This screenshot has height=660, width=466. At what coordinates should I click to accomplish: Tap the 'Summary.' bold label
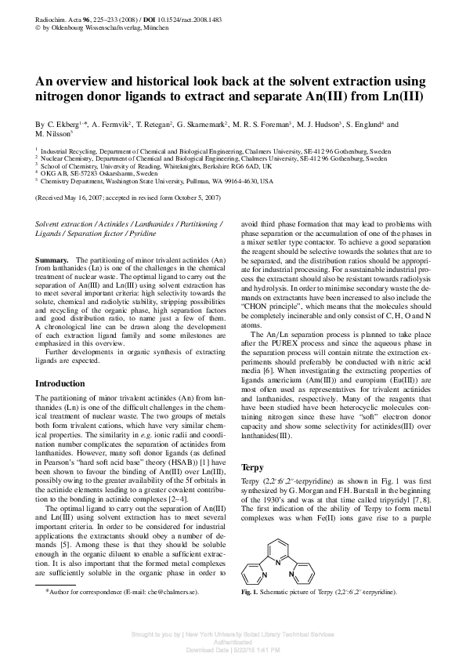pyautogui.click(x=52, y=259)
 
